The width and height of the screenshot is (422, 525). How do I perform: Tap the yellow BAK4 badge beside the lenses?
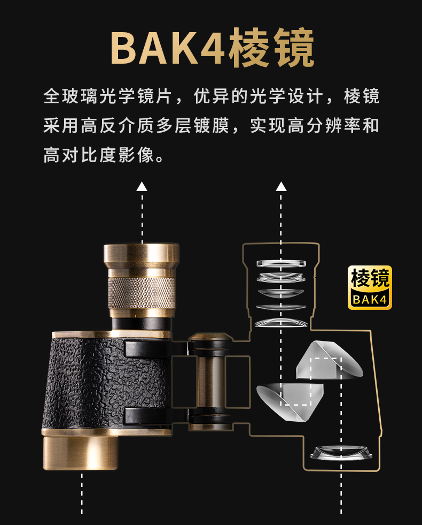click(x=370, y=287)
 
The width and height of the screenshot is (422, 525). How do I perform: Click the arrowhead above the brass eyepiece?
click(x=142, y=186)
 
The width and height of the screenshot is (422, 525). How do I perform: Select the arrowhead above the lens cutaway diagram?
click(x=281, y=186)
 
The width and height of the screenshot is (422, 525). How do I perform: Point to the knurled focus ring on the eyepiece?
click(x=142, y=292)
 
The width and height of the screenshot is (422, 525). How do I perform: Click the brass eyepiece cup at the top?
click(x=142, y=256)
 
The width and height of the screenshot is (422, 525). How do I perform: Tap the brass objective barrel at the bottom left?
click(x=81, y=452)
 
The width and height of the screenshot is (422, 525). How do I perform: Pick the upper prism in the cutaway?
click(x=329, y=360)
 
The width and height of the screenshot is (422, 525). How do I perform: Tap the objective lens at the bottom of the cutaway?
click(x=341, y=452)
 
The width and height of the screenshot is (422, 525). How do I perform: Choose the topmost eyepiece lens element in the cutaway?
click(x=281, y=263)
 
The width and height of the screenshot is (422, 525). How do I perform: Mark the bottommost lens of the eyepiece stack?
click(x=281, y=322)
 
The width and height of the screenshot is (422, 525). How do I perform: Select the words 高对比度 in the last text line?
click(x=80, y=155)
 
